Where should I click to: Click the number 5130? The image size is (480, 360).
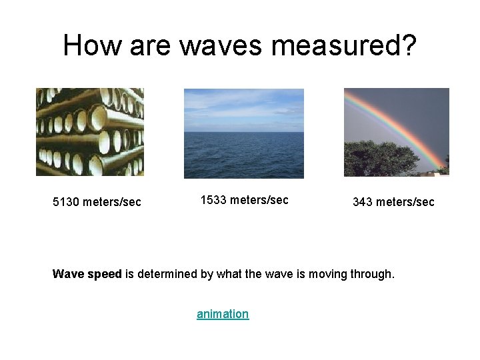(x=67, y=201)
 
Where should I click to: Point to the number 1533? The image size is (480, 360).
(x=214, y=199)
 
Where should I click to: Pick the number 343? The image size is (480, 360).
(x=363, y=201)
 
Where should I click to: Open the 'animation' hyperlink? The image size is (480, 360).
(x=223, y=313)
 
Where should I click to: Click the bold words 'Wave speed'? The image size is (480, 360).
(x=87, y=273)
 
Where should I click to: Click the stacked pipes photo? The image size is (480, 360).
(x=89, y=132)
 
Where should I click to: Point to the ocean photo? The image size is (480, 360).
(x=243, y=155)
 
